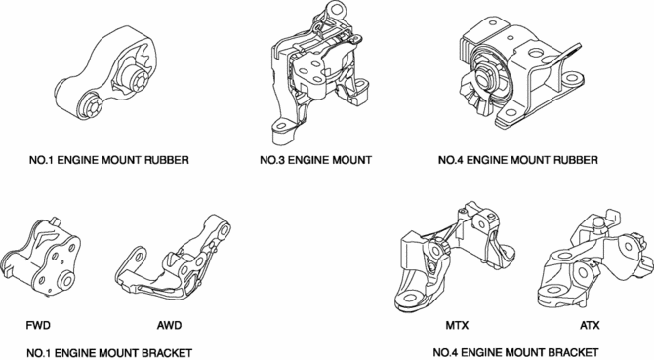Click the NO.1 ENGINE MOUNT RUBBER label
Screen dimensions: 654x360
tap(109, 160)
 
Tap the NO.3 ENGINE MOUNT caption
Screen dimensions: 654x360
tap(315, 160)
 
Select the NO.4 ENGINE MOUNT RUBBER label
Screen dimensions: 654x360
tap(518, 160)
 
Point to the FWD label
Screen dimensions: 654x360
tap(38, 325)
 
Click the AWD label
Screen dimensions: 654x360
tap(169, 325)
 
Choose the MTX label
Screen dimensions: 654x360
tap(457, 325)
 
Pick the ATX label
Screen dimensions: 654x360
tap(590, 325)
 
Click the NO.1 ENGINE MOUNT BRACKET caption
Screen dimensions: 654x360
tap(109, 353)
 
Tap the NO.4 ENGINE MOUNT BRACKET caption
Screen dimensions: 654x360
tap(516, 352)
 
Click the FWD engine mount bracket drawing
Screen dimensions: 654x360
tap(42, 259)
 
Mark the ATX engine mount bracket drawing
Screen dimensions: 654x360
tap(596, 260)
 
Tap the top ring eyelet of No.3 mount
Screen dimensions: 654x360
tap(334, 9)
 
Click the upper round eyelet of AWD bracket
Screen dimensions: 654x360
tap(225, 229)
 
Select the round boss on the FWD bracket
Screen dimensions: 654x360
tap(66, 280)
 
